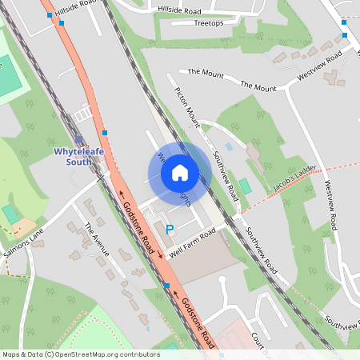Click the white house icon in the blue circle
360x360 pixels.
(179, 172)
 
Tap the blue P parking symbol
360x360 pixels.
(169, 230)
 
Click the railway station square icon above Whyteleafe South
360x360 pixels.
(79, 139)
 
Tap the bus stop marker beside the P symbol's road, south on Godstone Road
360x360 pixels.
(166, 285)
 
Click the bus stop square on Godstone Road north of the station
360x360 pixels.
(105, 132)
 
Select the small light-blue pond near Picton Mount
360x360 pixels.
(230, 147)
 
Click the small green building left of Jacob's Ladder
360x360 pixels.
(245, 186)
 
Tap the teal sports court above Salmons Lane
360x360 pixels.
(11, 214)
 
